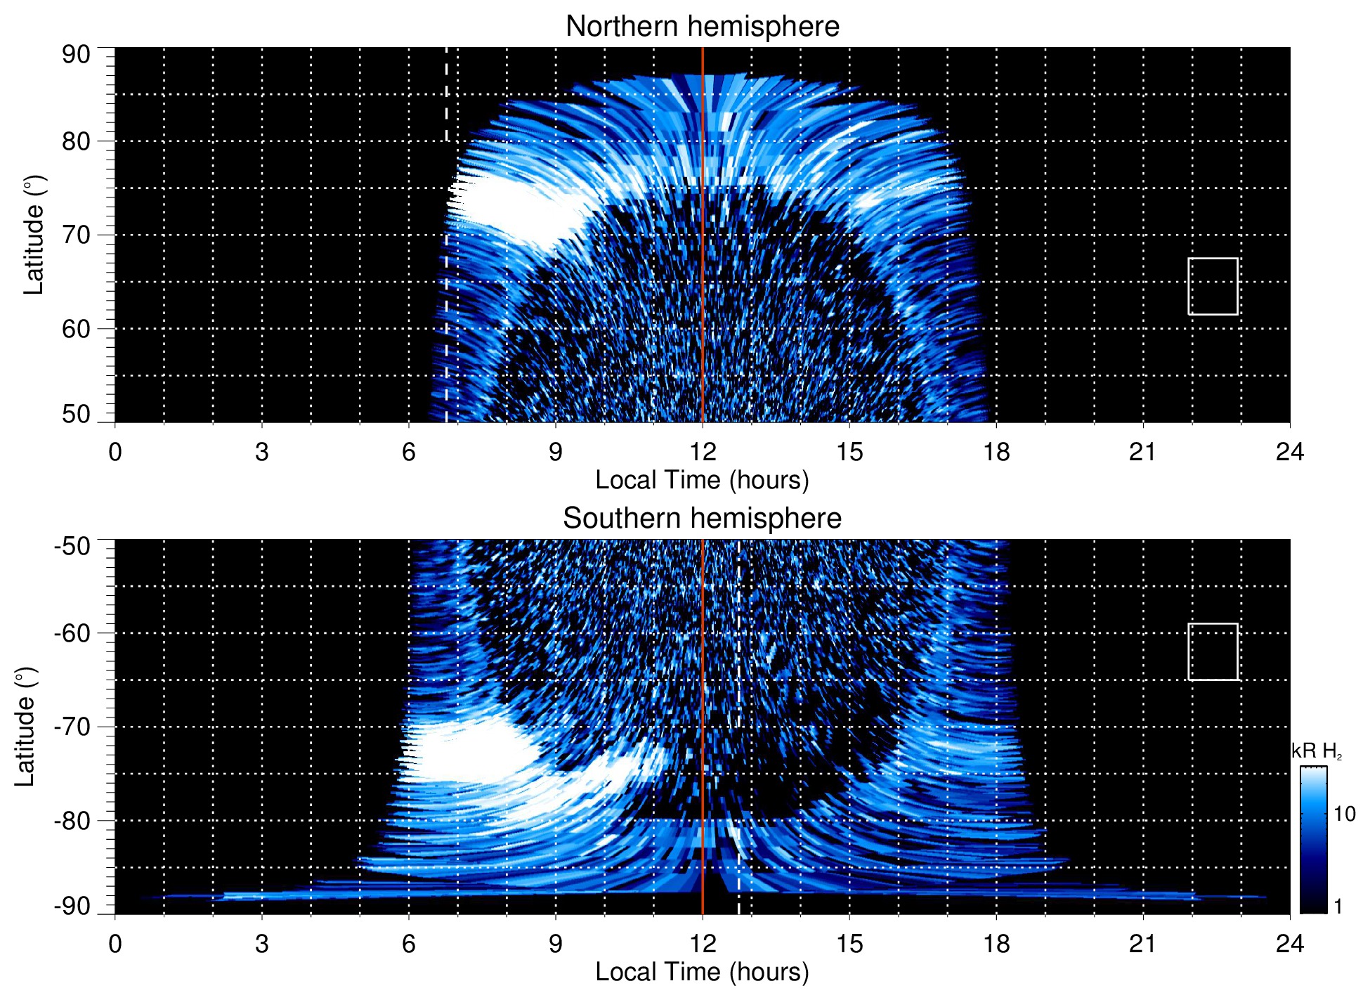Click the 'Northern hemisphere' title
click(x=702, y=27)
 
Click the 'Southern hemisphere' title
click(x=702, y=519)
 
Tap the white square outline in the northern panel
click(x=1213, y=286)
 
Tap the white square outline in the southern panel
click(x=1213, y=651)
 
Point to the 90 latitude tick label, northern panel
click(x=76, y=55)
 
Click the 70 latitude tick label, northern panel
click(x=76, y=235)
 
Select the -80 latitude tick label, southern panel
click(x=72, y=821)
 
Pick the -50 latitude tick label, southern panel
click(x=72, y=546)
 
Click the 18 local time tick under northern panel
click(x=996, y=452)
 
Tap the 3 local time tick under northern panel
click(x=262, y=452)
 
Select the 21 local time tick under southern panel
click(x=1143, y=944)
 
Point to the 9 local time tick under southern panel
click(x=556, y=944)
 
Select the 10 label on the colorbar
click(x=1344, y=814)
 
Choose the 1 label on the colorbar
click(x=1338, y=907)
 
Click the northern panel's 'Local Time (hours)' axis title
click(x=702, y=480)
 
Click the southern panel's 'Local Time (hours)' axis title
click(x=702, y=972)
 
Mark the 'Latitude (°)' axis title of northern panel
click(x=34, y=235)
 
